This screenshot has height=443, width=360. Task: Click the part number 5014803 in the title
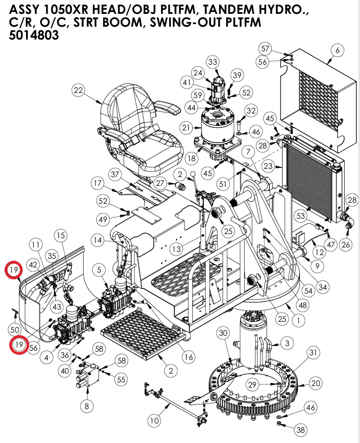[34, 36]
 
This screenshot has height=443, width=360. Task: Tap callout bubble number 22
[78, 91]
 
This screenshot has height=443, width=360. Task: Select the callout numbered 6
[336, 50]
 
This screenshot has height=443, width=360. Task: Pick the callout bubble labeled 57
[265, 49]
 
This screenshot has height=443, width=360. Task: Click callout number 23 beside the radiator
[268, 166]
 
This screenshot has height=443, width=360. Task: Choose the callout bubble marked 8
[86, 406]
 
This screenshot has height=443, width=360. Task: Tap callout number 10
[154, 421]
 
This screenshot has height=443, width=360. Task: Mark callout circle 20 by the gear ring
[316, 383]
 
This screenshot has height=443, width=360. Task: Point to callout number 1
[295, 319]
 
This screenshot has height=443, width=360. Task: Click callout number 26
[346, 245]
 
